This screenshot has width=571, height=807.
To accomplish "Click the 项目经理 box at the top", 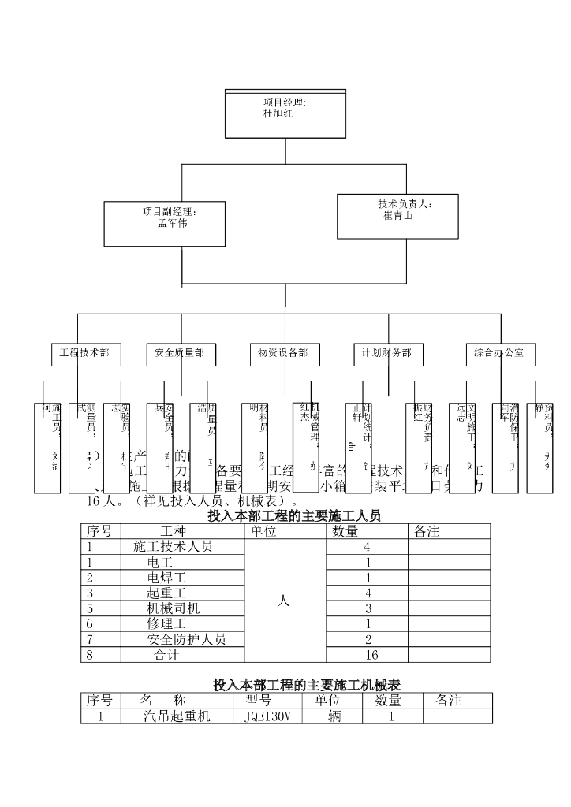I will [285, 113].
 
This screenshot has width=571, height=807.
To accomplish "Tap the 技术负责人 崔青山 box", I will [397, 215].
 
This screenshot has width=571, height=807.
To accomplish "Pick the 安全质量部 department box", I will [180, 355].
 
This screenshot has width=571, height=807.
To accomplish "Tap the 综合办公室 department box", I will [499, 355].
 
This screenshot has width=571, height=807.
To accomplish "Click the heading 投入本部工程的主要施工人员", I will [293, 516].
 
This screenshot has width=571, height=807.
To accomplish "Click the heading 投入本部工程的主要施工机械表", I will [306, 686].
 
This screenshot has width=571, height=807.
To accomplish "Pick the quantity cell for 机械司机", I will [368, 608].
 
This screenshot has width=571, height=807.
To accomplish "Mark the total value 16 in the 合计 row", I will [368, 655].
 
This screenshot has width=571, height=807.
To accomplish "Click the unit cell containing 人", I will [285, 601].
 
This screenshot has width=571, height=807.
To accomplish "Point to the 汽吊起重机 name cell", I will [177, 716].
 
